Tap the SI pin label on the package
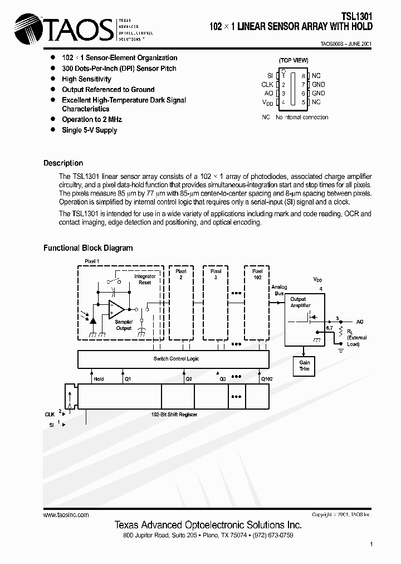[270, 75]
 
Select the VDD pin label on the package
[268, 103]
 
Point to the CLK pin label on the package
[267, 85]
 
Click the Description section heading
[63, 163]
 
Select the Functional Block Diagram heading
[88, 248]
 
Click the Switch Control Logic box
[176, 359]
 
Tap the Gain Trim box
[305, 366]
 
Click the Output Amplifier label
[299, 303]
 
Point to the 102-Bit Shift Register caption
[174, 415]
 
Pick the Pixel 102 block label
[257, 274]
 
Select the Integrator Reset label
[145, 279]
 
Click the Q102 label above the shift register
[267, 379]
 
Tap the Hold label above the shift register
[99, 379]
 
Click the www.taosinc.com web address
[66, 515]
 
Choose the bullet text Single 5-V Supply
[90, 130]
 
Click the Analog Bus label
[279, 290]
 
